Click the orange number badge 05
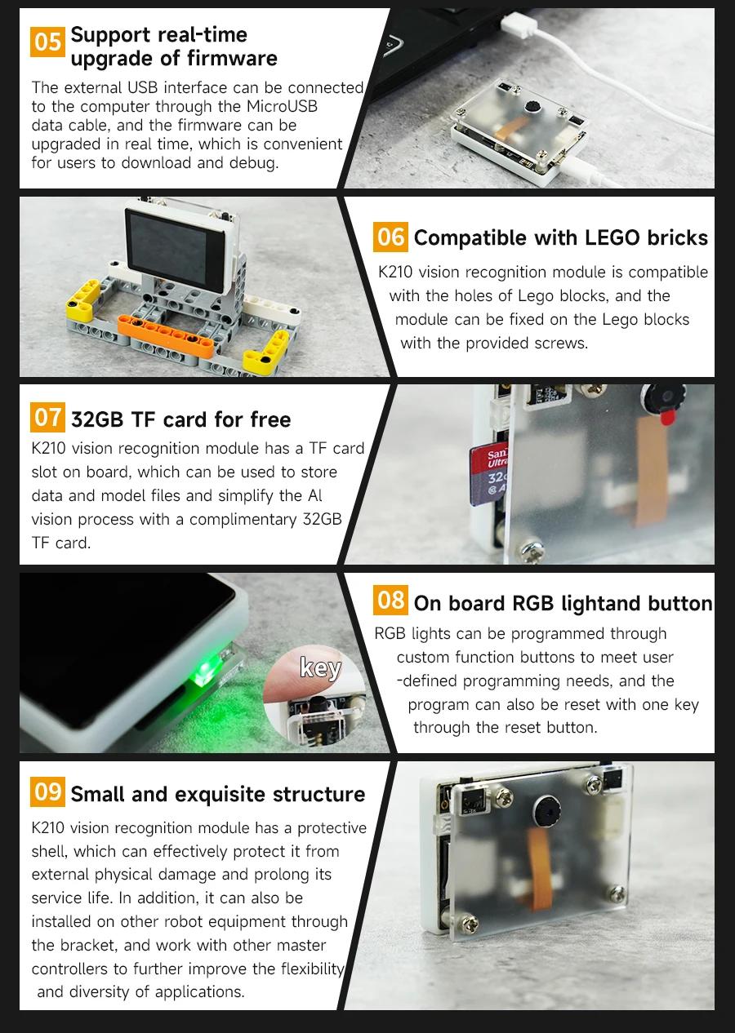47,42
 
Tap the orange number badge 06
390,237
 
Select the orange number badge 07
47,417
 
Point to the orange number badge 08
390,600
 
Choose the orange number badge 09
47,791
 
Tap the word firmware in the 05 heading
232,59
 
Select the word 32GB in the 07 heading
97,419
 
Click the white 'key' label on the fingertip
320,667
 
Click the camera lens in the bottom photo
547,808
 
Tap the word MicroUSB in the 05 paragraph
282,107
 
